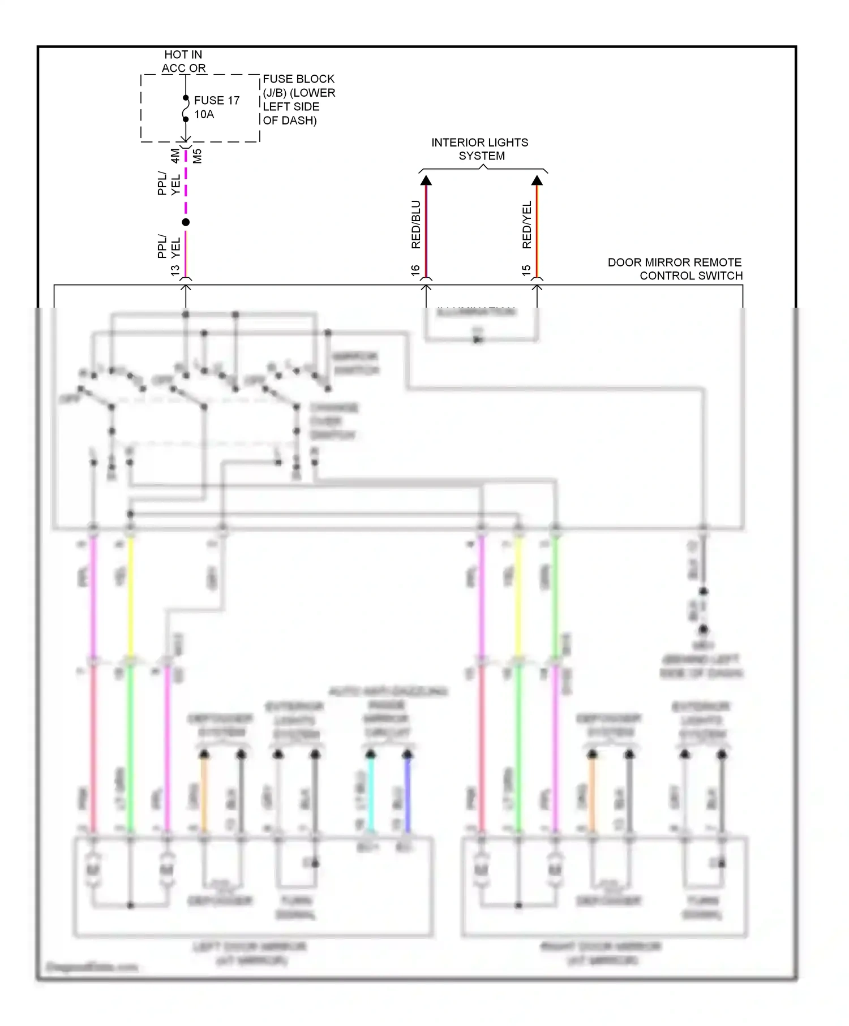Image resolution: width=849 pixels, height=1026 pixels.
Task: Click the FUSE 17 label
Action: pyautogui.click(x=217, y=100)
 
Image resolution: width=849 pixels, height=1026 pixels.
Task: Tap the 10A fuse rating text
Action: pyautogui.click(x=204, y=114)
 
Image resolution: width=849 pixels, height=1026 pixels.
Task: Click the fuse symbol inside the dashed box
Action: pyautogui.click(x=185, y=109)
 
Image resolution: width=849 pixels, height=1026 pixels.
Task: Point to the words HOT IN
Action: pyautogui.click(x=183, y=54)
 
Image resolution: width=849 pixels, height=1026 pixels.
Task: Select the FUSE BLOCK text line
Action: pyautogui.click(x=298, y=79)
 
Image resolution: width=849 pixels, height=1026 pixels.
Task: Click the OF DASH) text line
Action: pyautogui.click(x=289, y=120)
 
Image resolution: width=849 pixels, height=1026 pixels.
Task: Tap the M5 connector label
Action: pyautogui.click(x=197, y=156)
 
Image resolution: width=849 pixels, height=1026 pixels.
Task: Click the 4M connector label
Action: pyautogui.click(x=175, y=156)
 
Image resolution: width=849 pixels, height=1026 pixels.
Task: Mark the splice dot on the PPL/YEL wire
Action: pyautogui.click(x=186, y=222)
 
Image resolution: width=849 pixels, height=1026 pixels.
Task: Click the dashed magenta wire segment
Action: pyautogui.click(x=186, y=184)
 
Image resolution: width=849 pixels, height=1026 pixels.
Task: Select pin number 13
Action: pyautogui.click(x=175, y=271)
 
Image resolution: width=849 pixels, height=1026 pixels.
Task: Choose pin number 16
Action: pyautogui.click(x=415, y=271)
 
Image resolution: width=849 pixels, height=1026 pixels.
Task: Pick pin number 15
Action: pyautogui.click(x=526, y=271)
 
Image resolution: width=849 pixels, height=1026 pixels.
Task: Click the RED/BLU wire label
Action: pyautogui.click(x=415, y=225)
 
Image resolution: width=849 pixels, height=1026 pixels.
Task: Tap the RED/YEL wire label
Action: pyautogui.click(x=526, y=225)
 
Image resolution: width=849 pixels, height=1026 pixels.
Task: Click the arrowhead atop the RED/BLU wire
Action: pyautogui.click(x=426, y=180)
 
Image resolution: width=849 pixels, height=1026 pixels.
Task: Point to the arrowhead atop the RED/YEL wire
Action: pyautogui.click(x=537, y=180)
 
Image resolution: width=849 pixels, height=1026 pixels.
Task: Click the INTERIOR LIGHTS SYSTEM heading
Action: pyautogui.click(x=480, y=149)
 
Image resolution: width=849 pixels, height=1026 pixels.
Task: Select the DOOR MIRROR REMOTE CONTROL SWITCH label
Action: pyautogui.click(x=675, y=269)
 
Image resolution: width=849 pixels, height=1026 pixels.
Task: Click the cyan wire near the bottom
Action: pyautogui.click(x=371, y=792)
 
